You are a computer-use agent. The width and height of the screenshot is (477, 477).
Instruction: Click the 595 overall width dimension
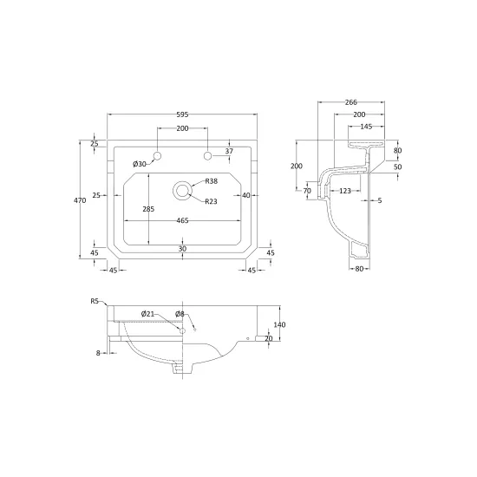[x=182, y=114]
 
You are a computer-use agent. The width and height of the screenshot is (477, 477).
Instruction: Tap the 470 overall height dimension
[x=80, y=200]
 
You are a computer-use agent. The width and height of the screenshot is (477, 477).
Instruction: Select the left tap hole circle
[x=157, y=156]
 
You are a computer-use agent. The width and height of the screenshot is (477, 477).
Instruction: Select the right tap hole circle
[x=207, y=156]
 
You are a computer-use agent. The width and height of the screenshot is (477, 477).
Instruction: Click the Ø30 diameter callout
[x=140, y=164]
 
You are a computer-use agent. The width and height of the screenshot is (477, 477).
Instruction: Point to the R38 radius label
[x=212, y=181]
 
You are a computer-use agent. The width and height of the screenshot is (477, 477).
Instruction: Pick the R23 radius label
[x=211, y=201]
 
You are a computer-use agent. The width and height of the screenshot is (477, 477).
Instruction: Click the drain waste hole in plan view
[x=182, y=191]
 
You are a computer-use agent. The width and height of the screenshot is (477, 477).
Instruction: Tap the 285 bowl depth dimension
[x=148, y=209]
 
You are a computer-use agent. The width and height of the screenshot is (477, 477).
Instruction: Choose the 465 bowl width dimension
[x=182, y=220]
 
